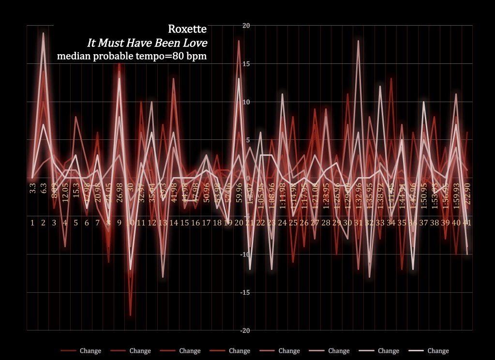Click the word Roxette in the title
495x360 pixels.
187,30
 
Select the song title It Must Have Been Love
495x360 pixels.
147,43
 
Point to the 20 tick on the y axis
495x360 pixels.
245,26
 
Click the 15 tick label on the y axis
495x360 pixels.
245,64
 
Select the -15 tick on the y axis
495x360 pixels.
244,292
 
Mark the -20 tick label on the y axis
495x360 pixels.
244,330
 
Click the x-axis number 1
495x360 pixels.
32,223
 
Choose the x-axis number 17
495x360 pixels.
206,223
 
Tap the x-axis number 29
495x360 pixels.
337,223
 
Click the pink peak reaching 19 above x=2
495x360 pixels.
43,33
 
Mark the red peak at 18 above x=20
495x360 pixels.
239,41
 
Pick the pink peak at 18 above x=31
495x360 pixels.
358,41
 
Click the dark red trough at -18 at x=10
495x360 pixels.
130,315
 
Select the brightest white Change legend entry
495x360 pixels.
429,351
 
